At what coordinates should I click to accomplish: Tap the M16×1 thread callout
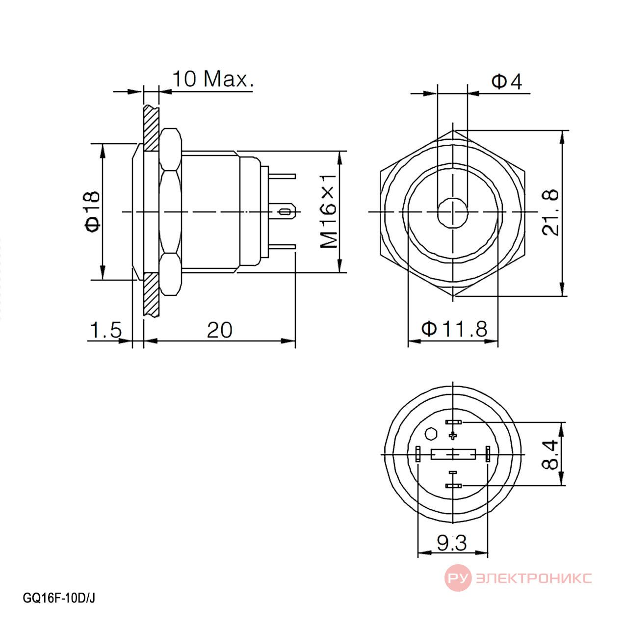329,211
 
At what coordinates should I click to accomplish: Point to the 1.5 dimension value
105,330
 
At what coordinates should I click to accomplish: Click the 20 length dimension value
220,330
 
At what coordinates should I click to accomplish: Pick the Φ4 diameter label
506,81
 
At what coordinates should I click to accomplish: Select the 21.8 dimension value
550,213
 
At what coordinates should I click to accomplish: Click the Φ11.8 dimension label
454,329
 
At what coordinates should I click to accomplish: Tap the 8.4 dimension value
550,455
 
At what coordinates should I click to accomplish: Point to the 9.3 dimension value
451,543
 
